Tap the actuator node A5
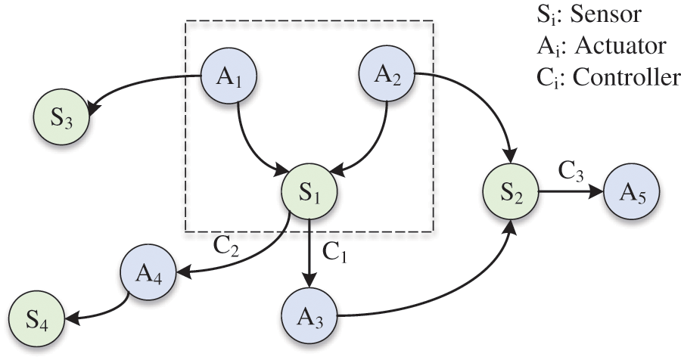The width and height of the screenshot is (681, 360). tap(632, 192)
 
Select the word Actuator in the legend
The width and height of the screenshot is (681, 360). tap(620, 47)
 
